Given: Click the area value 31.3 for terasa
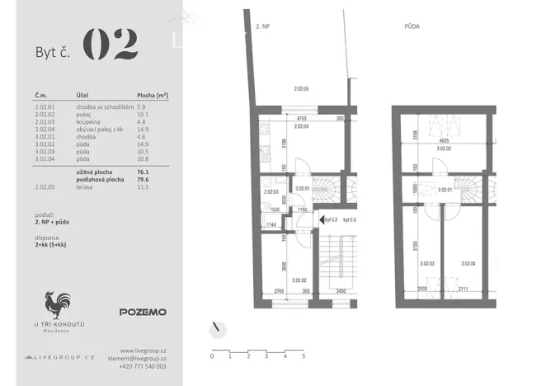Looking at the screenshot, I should (143, 187).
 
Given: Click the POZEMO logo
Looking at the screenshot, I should (143, 312).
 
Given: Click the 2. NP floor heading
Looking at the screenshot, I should (264, 26).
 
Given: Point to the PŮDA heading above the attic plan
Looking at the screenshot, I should (412, 26).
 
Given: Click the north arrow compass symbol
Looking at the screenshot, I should (219, 328).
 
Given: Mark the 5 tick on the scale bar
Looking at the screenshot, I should (304, 357).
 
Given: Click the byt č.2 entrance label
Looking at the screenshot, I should (330, 220).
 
